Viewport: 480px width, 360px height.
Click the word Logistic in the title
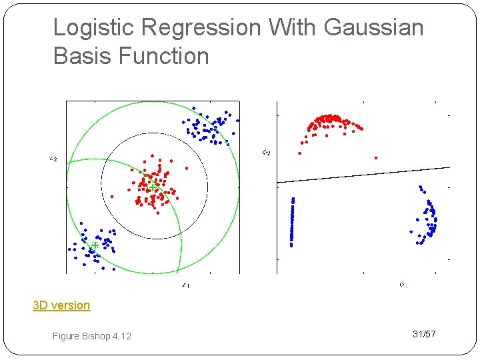click(91, 28)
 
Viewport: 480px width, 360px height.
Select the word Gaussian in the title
click(373, 28)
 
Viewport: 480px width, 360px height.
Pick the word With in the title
click(293, 28)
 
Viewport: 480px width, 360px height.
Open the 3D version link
click(61, 305)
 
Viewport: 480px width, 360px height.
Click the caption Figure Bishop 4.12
click(92, 336)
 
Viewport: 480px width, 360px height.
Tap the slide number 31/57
click(424, 334)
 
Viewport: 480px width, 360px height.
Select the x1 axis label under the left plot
click(186, 285)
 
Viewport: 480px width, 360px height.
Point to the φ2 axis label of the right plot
click(266, 152)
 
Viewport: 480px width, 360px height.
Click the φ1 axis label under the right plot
click(403, 285)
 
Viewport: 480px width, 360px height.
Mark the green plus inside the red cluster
click(153, 187)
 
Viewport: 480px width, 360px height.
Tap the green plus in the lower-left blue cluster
click(95, 245)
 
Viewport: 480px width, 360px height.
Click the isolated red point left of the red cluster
click(112, 197)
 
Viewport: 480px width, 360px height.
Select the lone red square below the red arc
click(376, 158)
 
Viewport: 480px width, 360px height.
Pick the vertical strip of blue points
click(292, 221)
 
